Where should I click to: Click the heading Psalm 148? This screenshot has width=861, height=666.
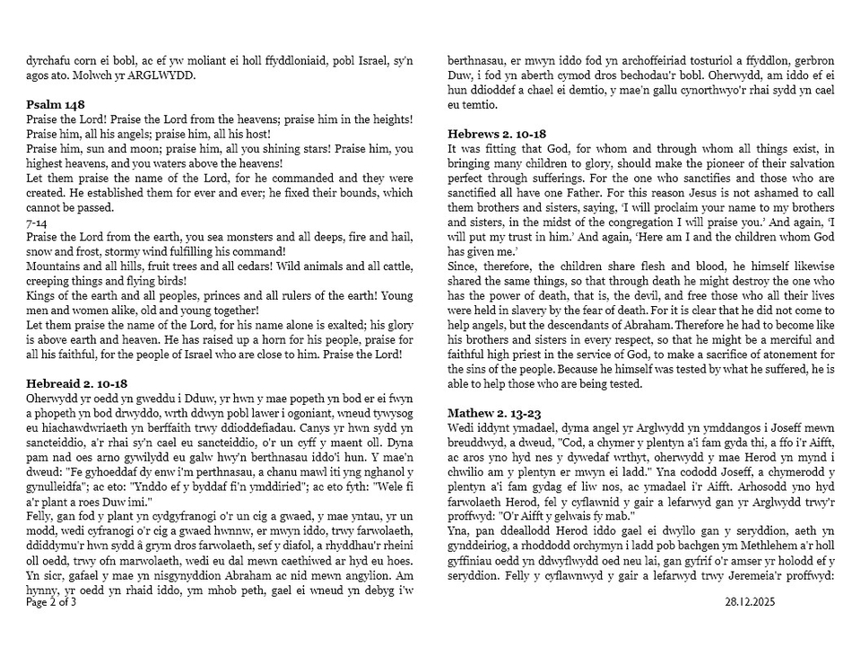[55, 105]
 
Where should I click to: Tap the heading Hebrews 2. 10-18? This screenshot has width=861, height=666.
[497, 134]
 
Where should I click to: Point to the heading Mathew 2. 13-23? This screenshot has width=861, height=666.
[494, 413]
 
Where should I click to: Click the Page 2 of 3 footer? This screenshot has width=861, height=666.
[51, 602]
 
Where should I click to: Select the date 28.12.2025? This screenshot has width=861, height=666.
[749, 602]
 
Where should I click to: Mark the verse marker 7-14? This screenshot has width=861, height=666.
[37, 223]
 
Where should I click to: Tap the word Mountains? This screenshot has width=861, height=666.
[53, 267]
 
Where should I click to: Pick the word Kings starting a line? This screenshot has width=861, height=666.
[41, 296]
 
